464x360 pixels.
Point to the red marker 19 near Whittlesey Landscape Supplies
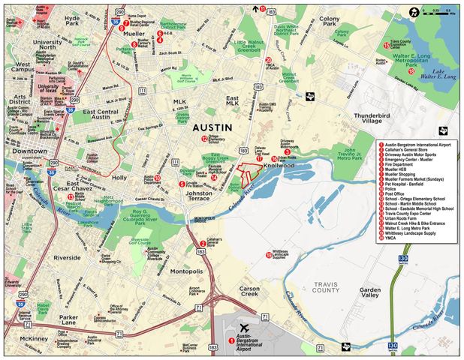point(268,256)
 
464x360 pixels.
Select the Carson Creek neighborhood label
point(252,292)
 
